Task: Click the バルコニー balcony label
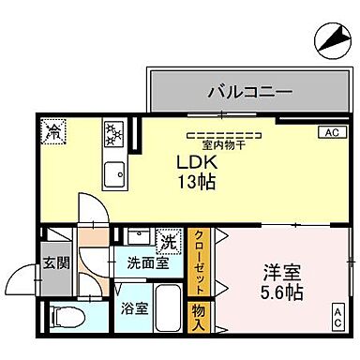pyautogui.click(x=248, y=93)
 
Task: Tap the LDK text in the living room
pyautogui.click(x=196, y=160)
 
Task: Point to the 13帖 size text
pyautogui.click(x=197, y=180)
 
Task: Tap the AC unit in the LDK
pyautogui.click(x=331, y=132)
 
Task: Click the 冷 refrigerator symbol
pyautogui.click(x=54, y=131)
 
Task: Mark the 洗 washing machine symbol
pyautogui.click(x=167, y=241)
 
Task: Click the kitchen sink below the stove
pyautogui.click(x=116, y=174)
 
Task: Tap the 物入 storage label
pyautogui.click(x=200, y=316)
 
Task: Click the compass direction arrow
pyautogui.click(x=330, y=38)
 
